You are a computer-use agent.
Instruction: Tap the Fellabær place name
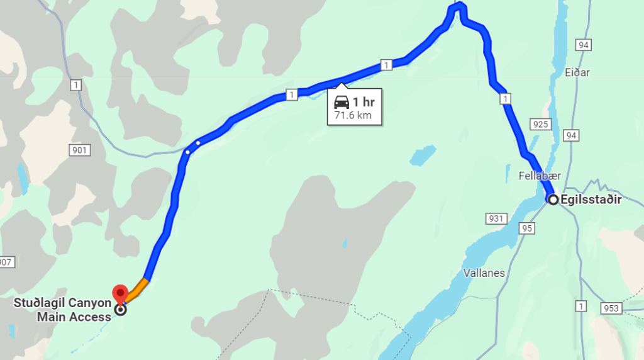click(x=540, y=176)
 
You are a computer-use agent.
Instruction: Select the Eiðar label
click(x=577, y=72)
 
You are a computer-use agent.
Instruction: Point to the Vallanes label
click(x=484, y=273)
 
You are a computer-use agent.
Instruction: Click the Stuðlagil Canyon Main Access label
click(x=63, y=310)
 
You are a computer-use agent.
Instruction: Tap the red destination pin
click(x=120, y=294)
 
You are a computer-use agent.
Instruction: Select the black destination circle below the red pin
click(x=121, y=310)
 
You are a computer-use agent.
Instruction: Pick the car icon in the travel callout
click(x=341, y=102)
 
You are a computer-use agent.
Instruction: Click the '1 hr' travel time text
click(x=364, y=102)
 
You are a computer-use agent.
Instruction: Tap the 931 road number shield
click(x=496, y=218)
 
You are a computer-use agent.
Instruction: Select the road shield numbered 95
click(x=527, y=228)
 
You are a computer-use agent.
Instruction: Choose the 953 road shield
click(x=611, y=308)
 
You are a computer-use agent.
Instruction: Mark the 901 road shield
click(x=80, y=150)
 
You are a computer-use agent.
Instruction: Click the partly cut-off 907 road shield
click(x=6, y=262)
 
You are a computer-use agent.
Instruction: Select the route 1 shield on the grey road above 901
click(x=76, y=85)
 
